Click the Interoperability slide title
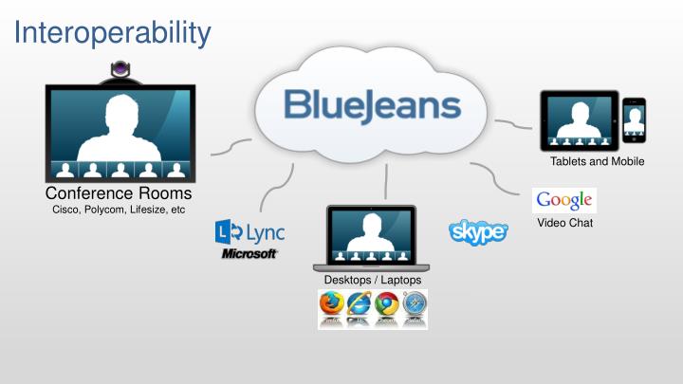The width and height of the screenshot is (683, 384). click(x=113, y=33)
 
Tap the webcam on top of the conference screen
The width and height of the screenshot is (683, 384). click(x=120, y=70)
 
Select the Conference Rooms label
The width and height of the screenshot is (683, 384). click(x=119, y=194)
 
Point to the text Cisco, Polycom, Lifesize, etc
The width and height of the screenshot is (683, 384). click(x=119, y=210)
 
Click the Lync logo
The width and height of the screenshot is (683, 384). click(x=250, y=231)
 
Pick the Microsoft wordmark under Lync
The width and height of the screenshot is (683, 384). click(x=249, y=254)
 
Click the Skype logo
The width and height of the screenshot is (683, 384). click(x=478, y=231)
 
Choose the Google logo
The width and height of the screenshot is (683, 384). click(x=564, y=200)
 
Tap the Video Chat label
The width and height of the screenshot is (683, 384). click(x=564, y=223)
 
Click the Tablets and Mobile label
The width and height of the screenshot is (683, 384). click(x=597, y=161)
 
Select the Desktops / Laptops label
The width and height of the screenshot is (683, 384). click(x=372, y=280)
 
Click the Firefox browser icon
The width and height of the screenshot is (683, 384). click(x=332, y=305)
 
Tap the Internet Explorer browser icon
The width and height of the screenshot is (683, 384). click(x=360, y=305)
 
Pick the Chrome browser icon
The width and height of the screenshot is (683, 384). click(x=386, y=305)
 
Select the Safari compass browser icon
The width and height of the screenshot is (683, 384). click(x=414, y=305)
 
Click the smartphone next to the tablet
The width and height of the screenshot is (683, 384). click(x=634, y=121)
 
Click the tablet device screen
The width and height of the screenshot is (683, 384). click(x=579, y=119)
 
